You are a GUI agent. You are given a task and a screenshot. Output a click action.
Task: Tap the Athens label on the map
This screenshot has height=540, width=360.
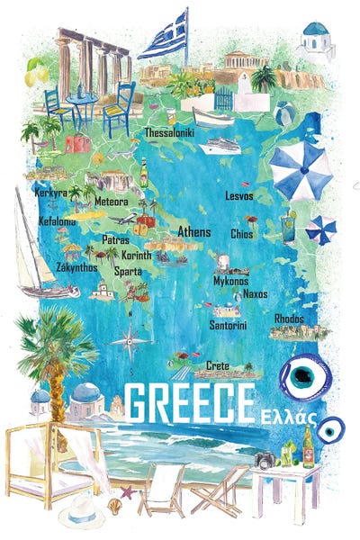click(x=194, y=232)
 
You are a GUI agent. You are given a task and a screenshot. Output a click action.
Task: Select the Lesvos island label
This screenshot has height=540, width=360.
click(x=238, y=195)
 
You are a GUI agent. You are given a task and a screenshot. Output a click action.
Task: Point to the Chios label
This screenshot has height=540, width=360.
click(x=242, y=234)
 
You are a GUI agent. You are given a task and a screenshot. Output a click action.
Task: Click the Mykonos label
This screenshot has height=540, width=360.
click(x=230, y=281)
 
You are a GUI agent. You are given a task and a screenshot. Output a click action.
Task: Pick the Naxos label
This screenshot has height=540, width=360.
click(x=255, y=293)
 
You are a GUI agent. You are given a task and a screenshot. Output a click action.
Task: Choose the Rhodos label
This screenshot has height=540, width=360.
click(x=289, y=319)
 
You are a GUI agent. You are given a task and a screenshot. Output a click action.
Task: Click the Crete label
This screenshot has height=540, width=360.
click(x=218, y=365)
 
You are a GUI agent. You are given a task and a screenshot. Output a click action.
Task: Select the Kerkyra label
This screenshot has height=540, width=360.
click(x=50, y=193)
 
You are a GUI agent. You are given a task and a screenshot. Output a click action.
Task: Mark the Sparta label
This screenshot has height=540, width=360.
click(x=128, y=270)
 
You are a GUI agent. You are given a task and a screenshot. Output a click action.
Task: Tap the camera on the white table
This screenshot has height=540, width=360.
click(x=265, y=460)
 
